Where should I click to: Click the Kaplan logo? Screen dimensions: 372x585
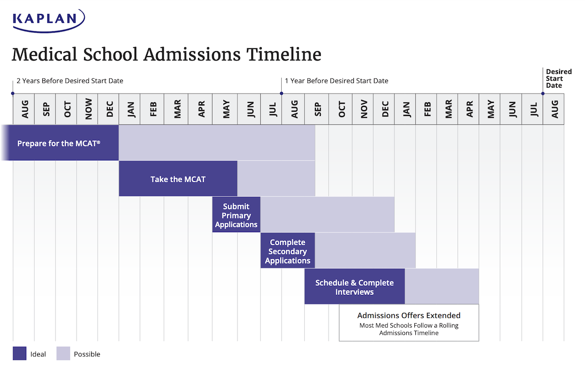(48, 19)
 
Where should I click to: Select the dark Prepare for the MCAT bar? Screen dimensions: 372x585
(59, 143)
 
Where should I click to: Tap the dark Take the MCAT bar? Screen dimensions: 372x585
(178, 179)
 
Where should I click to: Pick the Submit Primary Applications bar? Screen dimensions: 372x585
(236, 215)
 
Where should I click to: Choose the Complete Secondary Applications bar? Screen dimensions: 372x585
(288, 251)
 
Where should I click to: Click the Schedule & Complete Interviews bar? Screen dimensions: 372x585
(354, 287)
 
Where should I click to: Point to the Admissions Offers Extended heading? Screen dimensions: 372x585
(409, 315)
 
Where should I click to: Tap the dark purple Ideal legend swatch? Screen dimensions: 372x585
(19, 353)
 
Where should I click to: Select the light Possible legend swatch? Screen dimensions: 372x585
(63, 353)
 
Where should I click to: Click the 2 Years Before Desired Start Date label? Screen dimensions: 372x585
(70, 80)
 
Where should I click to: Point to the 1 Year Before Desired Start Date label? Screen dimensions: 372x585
(336, 80)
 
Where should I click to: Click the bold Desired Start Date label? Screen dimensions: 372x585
(558, 78)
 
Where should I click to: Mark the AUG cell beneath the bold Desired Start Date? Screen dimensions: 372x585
(554, 109)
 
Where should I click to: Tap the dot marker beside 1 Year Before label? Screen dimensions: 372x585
(281, 93)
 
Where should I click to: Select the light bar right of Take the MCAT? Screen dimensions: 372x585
(276, 179)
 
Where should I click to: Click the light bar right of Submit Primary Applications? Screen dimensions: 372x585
(327, 215)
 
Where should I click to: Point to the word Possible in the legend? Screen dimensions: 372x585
(87, 354)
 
